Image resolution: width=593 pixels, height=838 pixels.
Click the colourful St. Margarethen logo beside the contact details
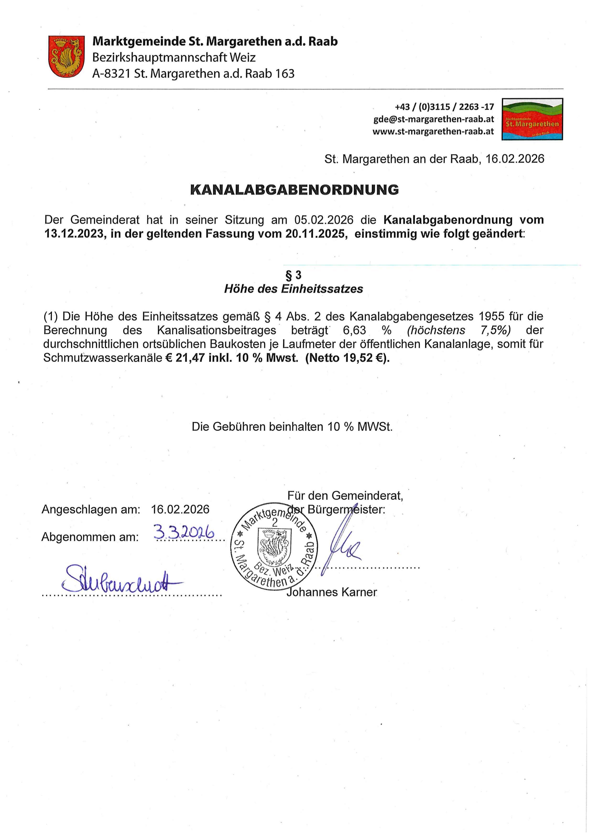tap(532, 119)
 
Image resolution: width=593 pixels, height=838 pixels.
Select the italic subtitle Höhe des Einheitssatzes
tap(294, 289)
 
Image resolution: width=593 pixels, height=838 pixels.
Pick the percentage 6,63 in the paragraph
tap(354, 330)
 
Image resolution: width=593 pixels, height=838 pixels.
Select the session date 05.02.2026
tap(324, 220)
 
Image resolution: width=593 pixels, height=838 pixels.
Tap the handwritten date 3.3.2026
tap(184, 533)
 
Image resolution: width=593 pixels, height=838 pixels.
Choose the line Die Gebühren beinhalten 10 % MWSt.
tap(292, 427)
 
